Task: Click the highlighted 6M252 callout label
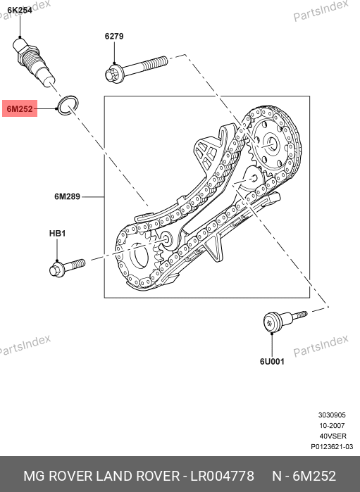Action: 20,108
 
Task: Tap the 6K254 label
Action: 20,11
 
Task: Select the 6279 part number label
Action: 114,36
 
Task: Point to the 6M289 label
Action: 67,196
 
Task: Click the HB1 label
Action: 57,234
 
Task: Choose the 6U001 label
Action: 272,362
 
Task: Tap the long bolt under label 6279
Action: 137,69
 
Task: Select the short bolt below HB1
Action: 67,267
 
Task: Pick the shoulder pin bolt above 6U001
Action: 285,320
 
